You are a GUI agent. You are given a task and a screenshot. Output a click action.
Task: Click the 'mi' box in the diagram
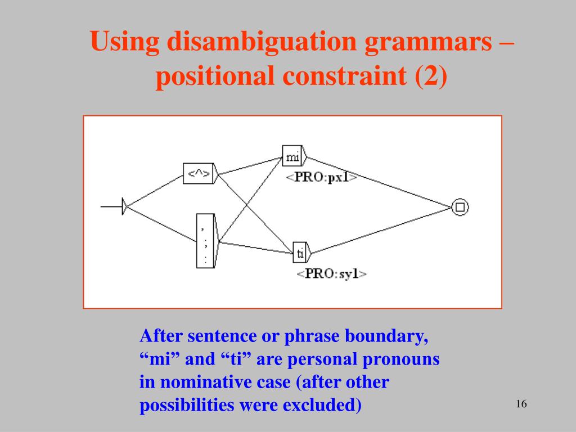[292, 157]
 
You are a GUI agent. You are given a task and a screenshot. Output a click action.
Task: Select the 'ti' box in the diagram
[300, 254]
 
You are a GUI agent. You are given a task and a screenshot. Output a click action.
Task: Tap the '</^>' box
[199, 173]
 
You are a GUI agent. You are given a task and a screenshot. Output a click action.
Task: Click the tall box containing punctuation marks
[205, 241]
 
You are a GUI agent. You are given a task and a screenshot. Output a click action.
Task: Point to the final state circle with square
[460, 207]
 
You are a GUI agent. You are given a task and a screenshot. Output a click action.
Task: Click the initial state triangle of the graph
[125, 207]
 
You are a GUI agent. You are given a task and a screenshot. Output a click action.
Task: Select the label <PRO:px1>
[321, 177]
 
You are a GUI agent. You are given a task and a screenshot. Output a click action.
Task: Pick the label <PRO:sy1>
[332, 274]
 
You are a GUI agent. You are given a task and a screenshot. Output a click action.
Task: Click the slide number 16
[520, 404]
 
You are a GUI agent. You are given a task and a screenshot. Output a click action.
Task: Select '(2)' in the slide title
[431, 76]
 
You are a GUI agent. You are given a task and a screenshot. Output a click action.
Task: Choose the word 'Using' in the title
[124, 43]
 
